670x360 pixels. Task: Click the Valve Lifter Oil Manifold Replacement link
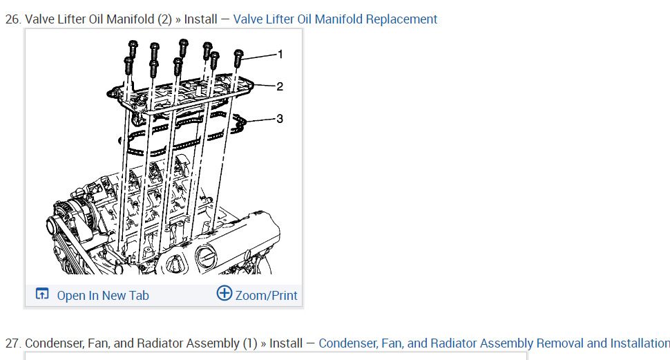pyautogui.click(x=335, y=19)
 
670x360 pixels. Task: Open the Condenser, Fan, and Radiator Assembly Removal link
pyautogui.click(x=494, y=343)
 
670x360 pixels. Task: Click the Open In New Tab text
pyautogui.click(x=103, y=296)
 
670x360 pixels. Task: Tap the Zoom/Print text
pyautogui.click(x=266, y=296)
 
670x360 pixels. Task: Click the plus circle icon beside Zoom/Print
pyautogui.click(x=224, y=293)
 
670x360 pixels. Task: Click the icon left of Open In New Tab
pyautogui.click(x=42, y=294)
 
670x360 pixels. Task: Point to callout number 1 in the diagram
pyautogui.click(x=280, y=54)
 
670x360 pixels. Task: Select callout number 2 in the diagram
pyautogui.click(x=280, y=86)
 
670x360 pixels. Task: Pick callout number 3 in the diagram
pyautogui.click(x=280, y=119)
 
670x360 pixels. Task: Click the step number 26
pyautogui.click(x=12, y=19)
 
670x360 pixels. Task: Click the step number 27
pyautogui.click(x=12, y=343)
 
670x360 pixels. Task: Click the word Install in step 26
pyautogui.click(x=200, y=19)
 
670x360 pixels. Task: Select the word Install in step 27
pyautogui.click(x=285, y=343)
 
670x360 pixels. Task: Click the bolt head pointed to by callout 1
pyautogui.click(x=238, y=53)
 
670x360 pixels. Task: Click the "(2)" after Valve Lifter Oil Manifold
pyautogui.click(x=164, y=19)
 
